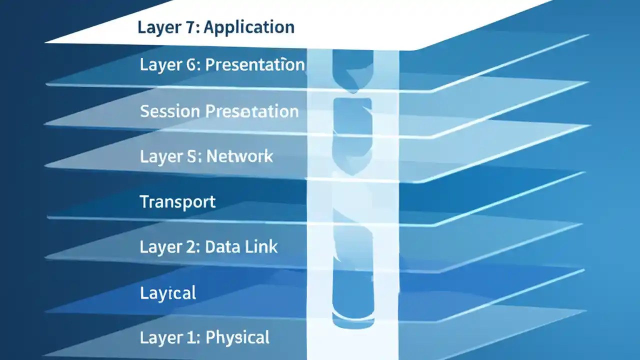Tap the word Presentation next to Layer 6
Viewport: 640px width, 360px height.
pyautogui.click(x=255, y=65)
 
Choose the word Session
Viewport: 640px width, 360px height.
pyautogui.click(x=170, y=111)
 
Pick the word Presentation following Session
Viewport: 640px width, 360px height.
pyautogui.click(x=252, y=111)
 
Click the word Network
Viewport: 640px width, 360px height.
pyautogui.click(x=240, y=156)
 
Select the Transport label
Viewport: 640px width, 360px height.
pyautogui.click(x=177, y=202)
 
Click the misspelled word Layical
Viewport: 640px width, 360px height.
pyautogui.click(x=168, y=293)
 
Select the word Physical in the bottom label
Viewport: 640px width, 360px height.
pyautogui.click(x=238, y=338)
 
